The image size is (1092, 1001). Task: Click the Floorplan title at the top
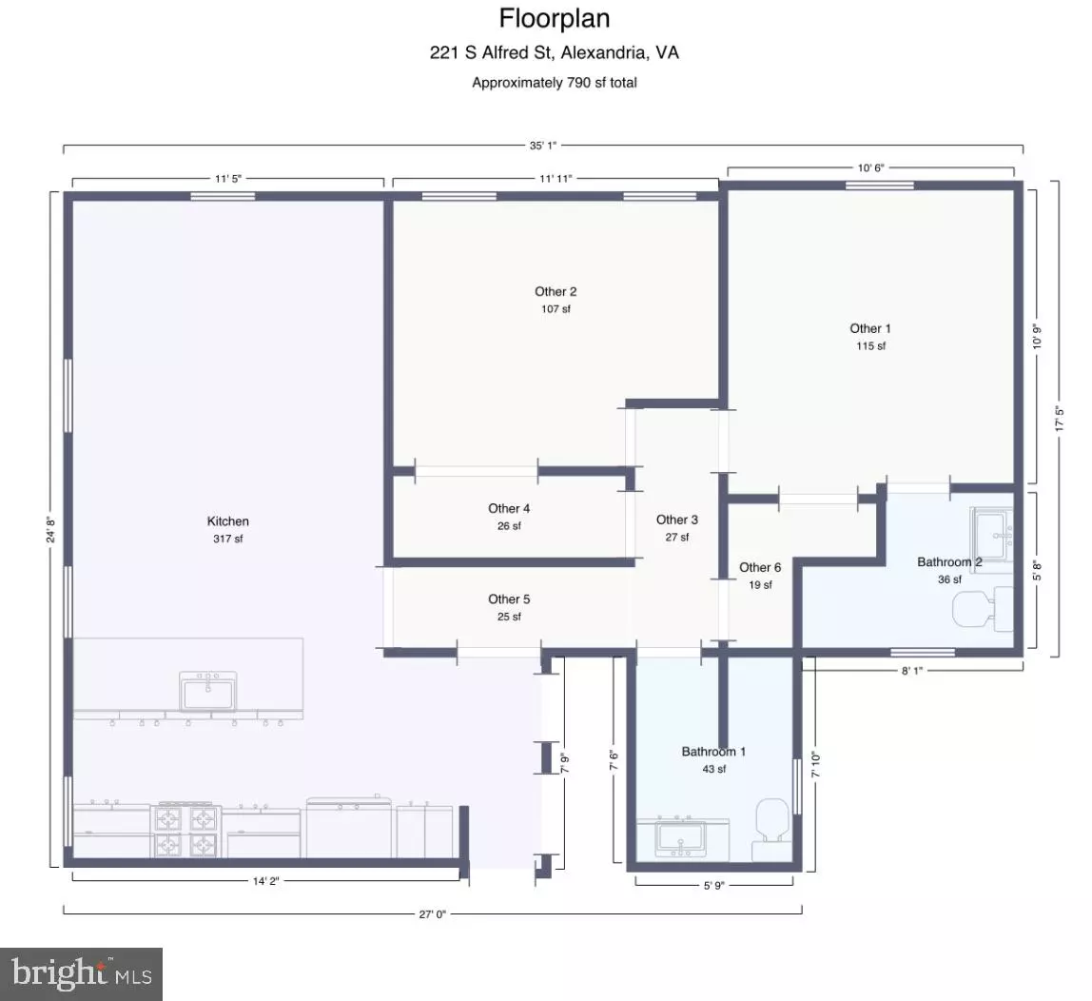(555, 19)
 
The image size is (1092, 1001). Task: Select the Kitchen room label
(227, 521)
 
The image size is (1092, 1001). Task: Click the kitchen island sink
(207, 692)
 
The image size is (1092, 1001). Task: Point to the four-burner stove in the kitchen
(185, 830)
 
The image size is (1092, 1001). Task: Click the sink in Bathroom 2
(992, 535)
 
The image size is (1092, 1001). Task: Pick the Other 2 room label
(556, 292)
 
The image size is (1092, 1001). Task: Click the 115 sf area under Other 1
(870, 346)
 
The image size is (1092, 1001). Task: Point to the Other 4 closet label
(509, 508)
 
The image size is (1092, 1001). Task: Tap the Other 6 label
(760, 567)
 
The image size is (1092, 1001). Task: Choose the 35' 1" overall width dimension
(542, 146)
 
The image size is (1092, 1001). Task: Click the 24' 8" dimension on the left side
(50, 529)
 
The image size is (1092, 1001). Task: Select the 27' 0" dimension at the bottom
(432, 913)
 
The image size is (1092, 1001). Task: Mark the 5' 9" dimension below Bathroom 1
(713, 885)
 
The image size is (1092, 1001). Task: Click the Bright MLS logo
(82, 974)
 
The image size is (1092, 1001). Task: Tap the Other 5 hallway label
(509, 599)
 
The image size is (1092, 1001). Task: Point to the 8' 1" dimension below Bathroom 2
(911, 671)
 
